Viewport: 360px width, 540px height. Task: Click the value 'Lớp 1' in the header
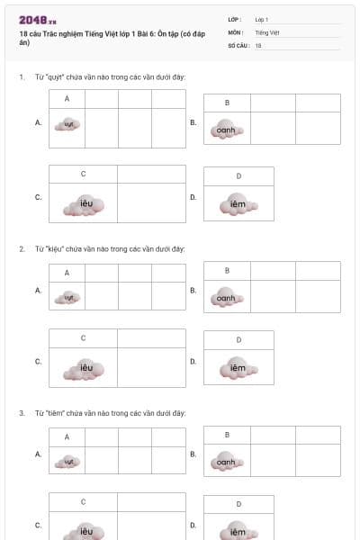pos(262,19)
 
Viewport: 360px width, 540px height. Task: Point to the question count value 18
pos(258,45)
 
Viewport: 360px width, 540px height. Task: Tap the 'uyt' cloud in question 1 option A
pos(67,124)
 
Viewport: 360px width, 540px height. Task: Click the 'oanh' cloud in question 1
pos(226,130)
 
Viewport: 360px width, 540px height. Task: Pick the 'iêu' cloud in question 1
pos(86,204)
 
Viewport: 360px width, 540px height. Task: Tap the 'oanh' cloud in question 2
pos(226,298)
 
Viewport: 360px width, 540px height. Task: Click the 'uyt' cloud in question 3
pos(67,461)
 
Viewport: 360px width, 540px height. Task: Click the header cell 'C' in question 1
pos(83,174)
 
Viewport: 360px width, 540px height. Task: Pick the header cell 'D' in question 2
pos(238,339)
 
